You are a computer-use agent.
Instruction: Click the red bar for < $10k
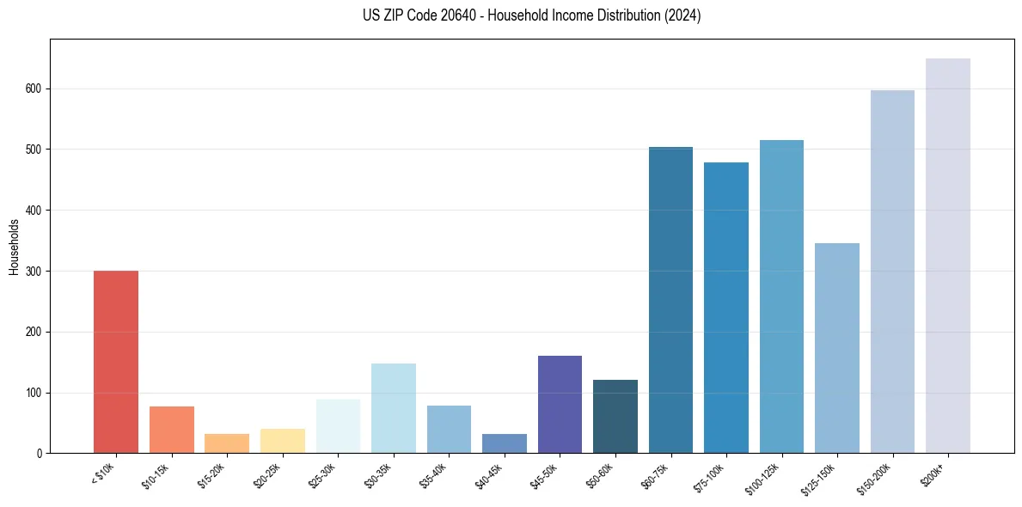pyautogui.click(x=116, y=362)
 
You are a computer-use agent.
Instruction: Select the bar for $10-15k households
pyautogui.click(x=171, y=430)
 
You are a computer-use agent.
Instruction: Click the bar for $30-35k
pyautogui.click(x=393, y=408)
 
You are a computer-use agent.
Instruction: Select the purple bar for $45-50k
pyautogui.click(x=560, y=404)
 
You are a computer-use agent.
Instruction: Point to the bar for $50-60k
pyautogui.click(x=615, y=416)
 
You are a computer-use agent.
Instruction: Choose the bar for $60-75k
pyautogui.click(x=670, y=300)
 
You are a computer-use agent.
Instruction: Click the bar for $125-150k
pyautogui.click(x=836, y=348)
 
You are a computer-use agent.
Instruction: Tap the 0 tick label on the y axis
pyautogui.click(x=40, y=454)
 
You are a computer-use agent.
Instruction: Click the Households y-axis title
pyautogui.click(x=15, y=247)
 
